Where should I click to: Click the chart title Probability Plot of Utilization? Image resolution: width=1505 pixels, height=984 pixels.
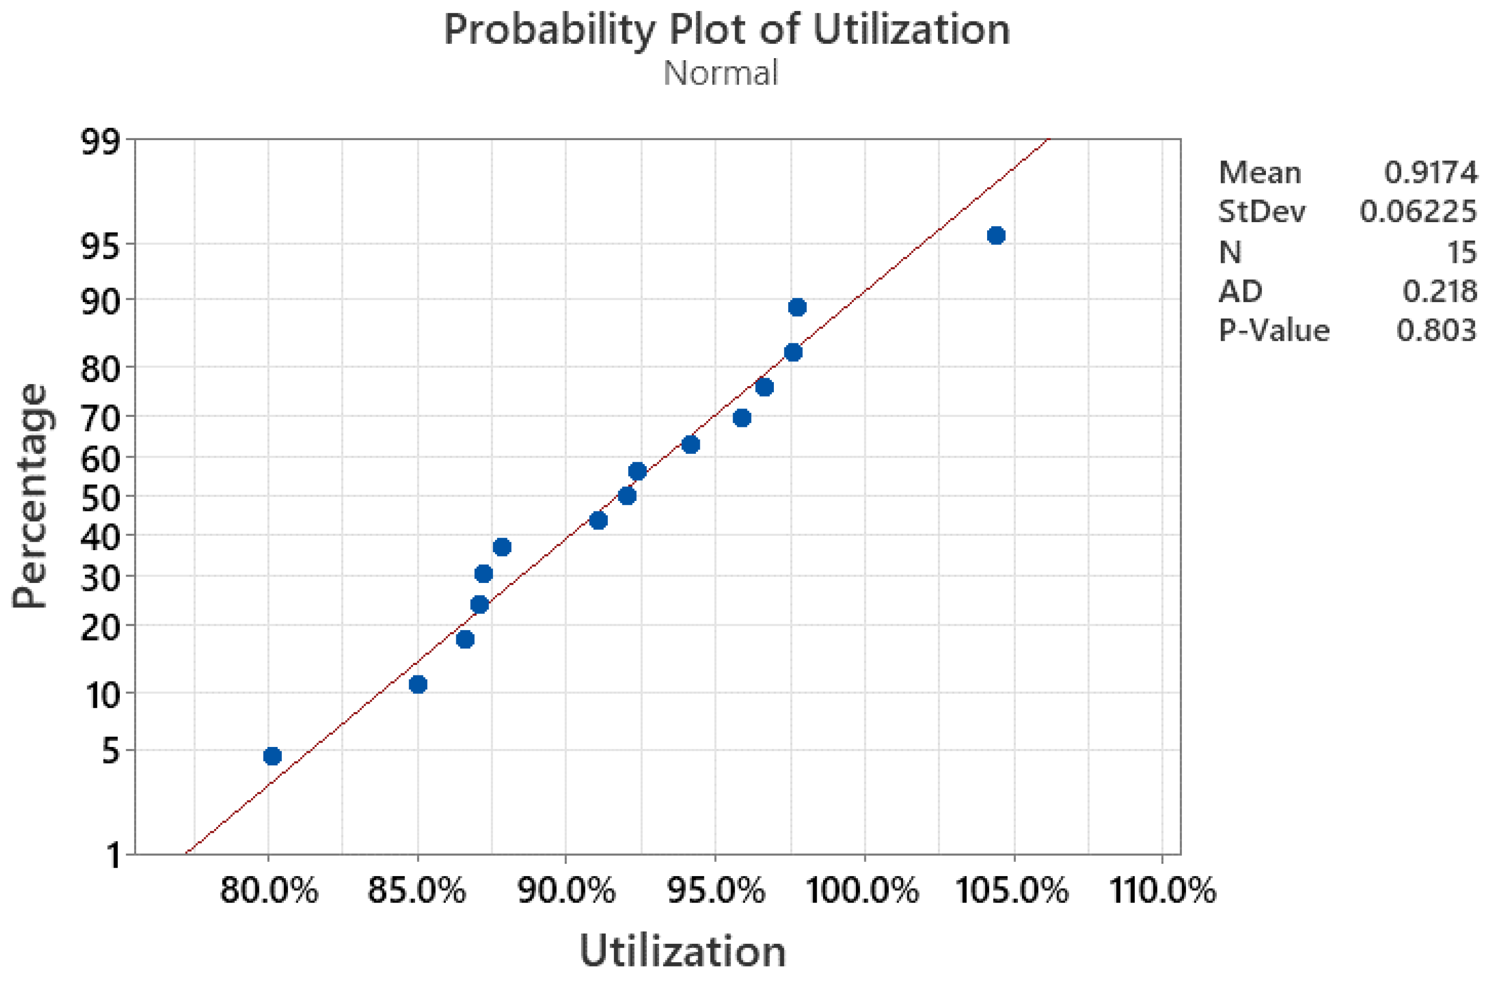727,30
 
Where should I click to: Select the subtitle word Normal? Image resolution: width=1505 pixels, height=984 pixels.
720,74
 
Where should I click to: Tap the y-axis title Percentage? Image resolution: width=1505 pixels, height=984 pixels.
30,496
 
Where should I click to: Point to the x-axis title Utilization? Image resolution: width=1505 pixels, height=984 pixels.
682,951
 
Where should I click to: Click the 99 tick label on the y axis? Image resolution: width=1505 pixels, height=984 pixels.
100,142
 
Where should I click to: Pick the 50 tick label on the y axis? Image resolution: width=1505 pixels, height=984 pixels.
100,499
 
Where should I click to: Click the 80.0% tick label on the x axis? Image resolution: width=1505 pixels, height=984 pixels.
269,891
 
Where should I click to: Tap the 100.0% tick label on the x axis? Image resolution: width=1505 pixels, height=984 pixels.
863,891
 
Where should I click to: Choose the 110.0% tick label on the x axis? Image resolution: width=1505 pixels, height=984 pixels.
1162,891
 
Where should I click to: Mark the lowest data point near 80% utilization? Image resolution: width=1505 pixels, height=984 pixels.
272,756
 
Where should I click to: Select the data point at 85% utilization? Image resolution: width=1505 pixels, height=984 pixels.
418,684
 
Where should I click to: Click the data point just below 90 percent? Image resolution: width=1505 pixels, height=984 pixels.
797,307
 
